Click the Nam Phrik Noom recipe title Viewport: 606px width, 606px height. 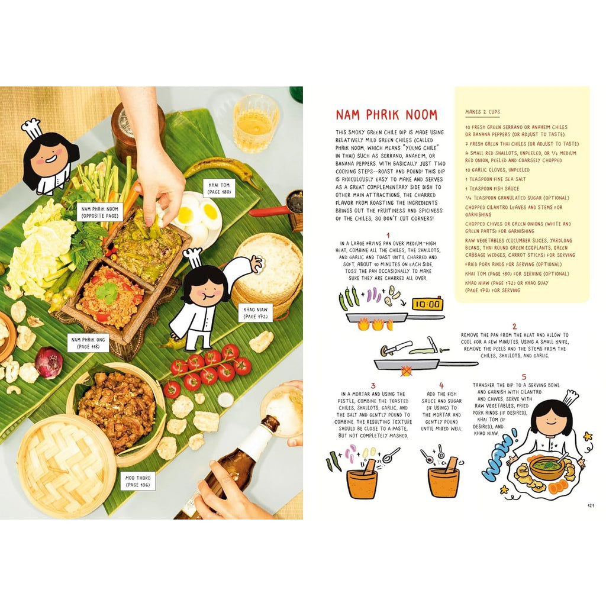(386, 115)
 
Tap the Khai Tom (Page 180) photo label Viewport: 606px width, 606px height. (219, 188)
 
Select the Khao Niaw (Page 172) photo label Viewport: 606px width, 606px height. (256, 313)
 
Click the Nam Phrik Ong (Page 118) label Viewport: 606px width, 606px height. (88, 343)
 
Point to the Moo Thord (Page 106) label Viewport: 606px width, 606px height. (138, 481)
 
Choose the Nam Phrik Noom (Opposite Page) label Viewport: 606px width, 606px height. (100, 212)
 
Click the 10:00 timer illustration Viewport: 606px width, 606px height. (427, 305)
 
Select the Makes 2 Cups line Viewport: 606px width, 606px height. (482, 112)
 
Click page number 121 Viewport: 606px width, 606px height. (591, 505)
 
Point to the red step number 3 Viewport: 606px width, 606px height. (373, 385)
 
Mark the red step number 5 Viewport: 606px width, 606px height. (524, 376)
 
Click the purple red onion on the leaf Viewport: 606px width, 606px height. (49, 362)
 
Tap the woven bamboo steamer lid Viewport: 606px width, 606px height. (66, 462)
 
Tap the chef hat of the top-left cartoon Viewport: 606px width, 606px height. (33, 128)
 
